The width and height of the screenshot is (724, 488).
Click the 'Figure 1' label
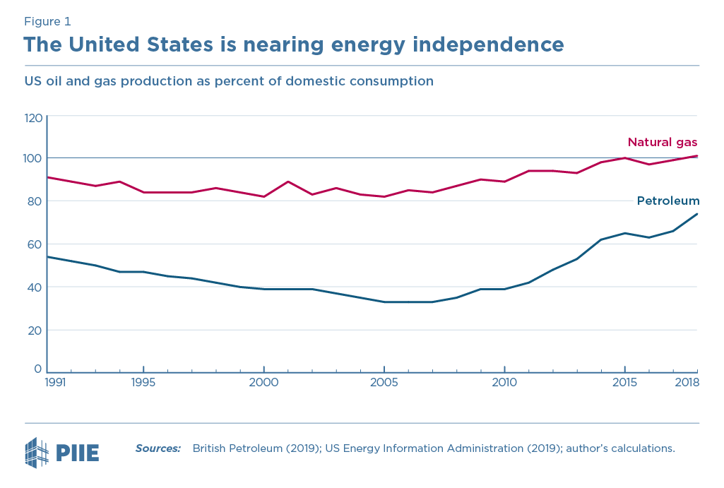[x=47, y=21]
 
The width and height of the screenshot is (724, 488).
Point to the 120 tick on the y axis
[x=33, y=117]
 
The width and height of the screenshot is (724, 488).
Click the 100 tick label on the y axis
[x=33, y=158]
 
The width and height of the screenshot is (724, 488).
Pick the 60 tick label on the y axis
[x=35, y=244]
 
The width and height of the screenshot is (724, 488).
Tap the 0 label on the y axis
[x=38, y=368]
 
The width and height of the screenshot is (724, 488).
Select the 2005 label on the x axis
[x=384, y=382]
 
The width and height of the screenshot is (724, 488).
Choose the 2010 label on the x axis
[x=504, y=382]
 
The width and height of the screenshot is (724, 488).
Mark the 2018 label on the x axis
[x=687, y=382]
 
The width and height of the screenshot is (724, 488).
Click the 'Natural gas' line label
[x=663, y=142]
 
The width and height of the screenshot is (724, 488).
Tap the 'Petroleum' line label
[x=667, y=201]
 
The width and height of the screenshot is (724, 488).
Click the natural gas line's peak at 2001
[x=287, y=181]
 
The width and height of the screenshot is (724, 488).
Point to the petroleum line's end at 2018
[x=697, y=214]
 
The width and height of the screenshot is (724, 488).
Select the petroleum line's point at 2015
[x=624, y=233]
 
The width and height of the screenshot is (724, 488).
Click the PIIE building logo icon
[x=37, y=453]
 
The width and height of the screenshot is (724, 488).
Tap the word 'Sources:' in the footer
[x=158, y=448]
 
